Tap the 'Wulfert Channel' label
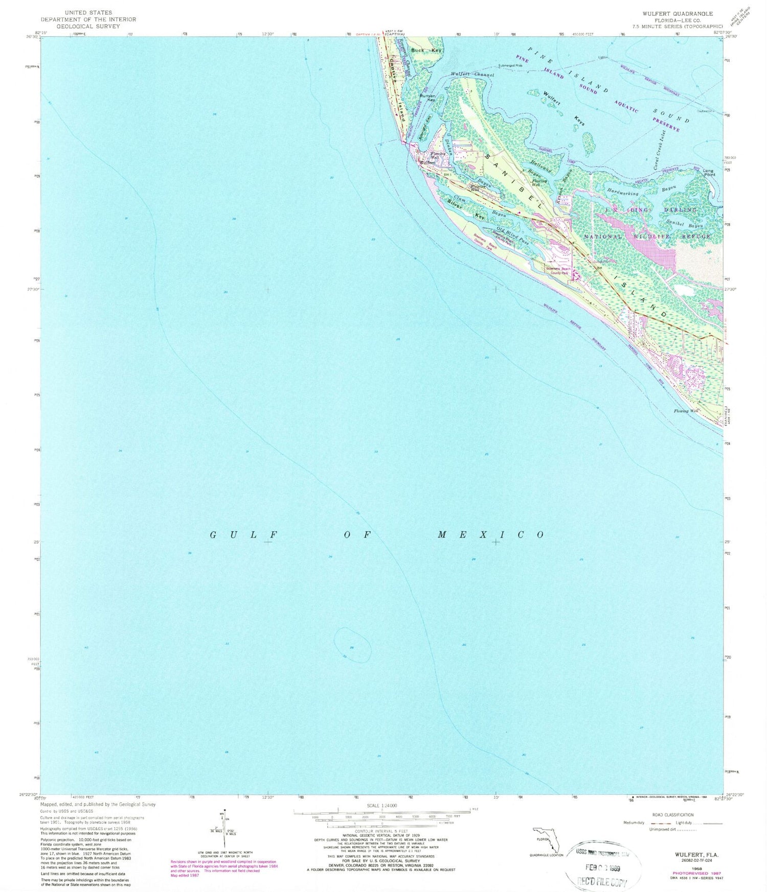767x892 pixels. coord(472,75)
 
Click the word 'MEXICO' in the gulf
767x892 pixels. coord(490,535)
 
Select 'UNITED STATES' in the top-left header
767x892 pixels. coord(88,12)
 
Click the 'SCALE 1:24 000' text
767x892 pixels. coord(381,806)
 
